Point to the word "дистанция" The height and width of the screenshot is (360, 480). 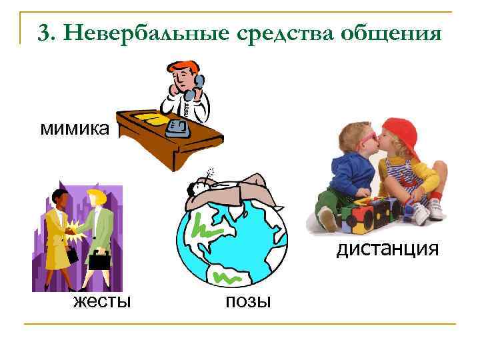coord(387,249)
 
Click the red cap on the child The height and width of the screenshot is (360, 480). coord(401,131)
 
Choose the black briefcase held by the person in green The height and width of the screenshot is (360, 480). coord(100,260)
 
